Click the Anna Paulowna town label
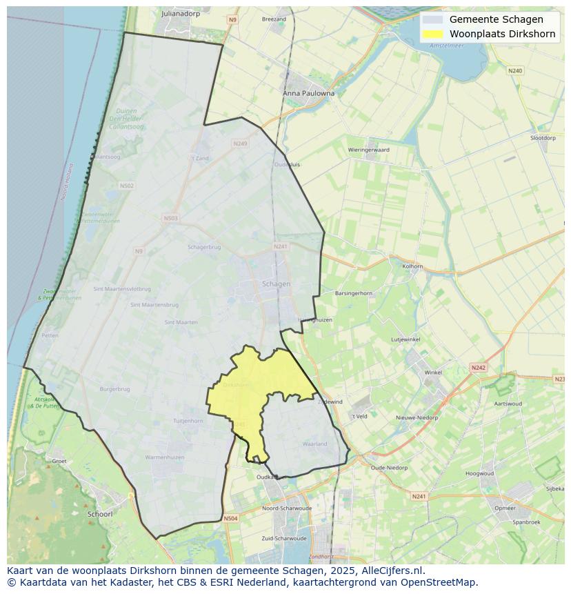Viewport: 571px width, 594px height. pos(308,93)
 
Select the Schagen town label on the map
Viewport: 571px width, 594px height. pos(276,284)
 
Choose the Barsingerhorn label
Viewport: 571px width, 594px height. pos(353,293)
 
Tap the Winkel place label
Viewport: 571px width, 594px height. pos(433,373)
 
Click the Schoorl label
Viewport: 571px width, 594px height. pos(100,514)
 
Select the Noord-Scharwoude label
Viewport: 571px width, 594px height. pos(287,508)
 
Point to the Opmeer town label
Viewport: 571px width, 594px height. pos(505,508)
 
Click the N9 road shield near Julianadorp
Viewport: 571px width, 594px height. pos(232,20)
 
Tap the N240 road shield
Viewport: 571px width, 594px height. pos(515,70)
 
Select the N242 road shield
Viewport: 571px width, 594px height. pos(478,368)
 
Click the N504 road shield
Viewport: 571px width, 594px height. pos(230,518)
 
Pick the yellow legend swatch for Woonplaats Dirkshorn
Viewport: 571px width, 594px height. pos(433,34)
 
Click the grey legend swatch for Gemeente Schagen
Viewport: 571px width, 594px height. pos(433,19)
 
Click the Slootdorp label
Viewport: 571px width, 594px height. pos(543,138)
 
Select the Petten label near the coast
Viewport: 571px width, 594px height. pos(50,335)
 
